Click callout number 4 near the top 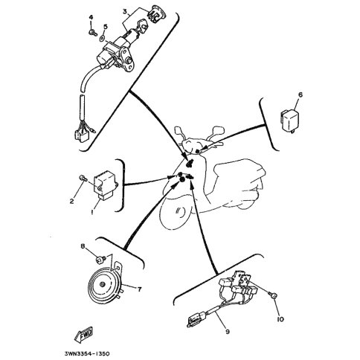[91, 17]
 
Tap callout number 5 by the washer [106, 27]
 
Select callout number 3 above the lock [125, 11]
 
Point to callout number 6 [300, 94]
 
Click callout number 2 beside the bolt [71, 201]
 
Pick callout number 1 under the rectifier [92, 212]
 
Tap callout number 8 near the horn [83, 246]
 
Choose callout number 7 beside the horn [140, 289]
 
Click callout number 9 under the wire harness [228, 332]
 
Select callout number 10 [280, 319]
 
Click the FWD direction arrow [83, 335]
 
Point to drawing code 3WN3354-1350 [87, 354]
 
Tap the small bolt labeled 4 [93, 32]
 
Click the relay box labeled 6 [290, 120]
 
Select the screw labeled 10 [273, 295]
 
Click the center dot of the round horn [102, 285]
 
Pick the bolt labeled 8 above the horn [100, 260]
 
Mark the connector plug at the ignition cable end [81, 136]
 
